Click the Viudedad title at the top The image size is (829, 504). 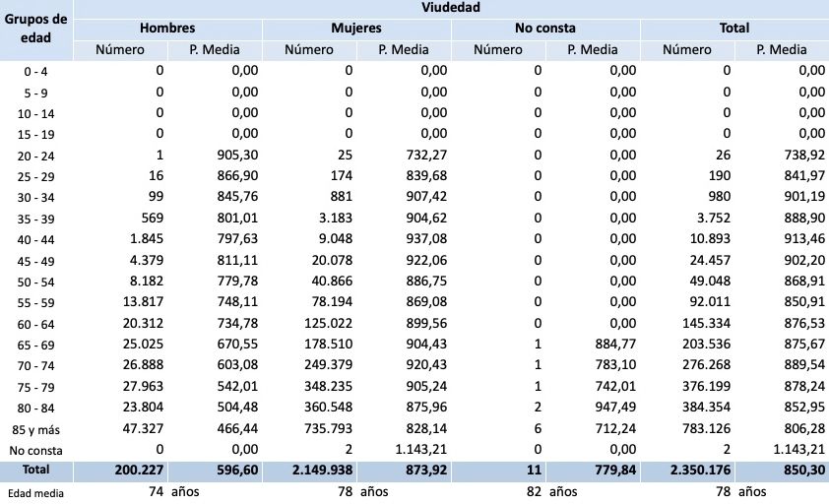tap(452, 8)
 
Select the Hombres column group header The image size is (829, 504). tap(167, 29)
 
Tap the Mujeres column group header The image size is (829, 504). tap(356, 29)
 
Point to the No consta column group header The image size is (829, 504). tap(544, 29)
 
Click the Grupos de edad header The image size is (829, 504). tap(36, 29)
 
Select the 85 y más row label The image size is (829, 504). tap(36, 428)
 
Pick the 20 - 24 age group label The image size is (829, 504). tap(36, 156)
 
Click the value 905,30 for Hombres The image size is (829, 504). tap(237, 155)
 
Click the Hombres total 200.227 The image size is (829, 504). tap(132, 471)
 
